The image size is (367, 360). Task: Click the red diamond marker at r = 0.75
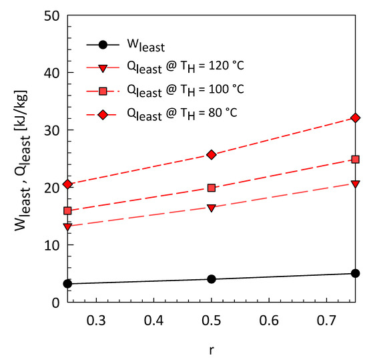356,118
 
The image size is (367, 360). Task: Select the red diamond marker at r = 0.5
212,154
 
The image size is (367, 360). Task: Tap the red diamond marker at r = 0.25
67,184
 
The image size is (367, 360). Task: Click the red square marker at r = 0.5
212,188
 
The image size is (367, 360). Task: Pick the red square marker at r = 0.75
356,160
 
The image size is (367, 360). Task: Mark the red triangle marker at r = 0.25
67,227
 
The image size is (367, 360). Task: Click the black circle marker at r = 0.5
212,279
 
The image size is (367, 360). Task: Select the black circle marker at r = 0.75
356,273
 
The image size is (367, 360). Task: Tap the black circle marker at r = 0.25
67,283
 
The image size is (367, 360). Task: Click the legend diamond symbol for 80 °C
103,114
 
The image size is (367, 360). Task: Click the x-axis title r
212,349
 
